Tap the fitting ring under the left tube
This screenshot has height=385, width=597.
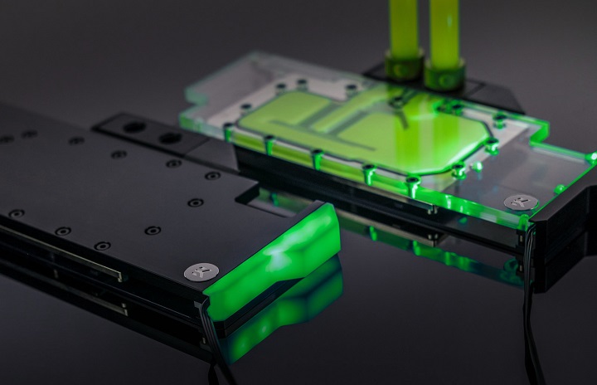(405, 65)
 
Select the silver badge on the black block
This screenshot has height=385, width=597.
(201, 271)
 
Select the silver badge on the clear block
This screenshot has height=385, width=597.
(520, 202)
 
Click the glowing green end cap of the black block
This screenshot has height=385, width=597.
(278, 253)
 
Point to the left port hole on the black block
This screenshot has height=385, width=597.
(134, 127)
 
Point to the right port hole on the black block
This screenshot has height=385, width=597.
(171, 138)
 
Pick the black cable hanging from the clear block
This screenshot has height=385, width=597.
(527, 274)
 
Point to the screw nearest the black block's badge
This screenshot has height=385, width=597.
(153, 230)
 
